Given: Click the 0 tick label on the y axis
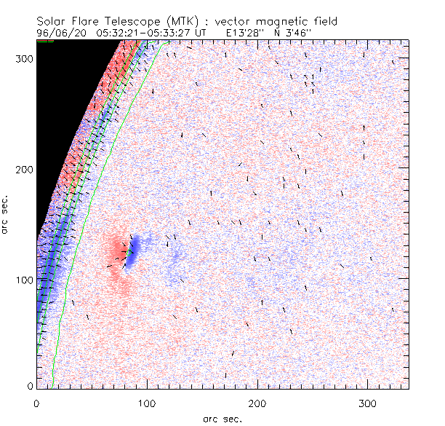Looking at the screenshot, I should coord(29,386).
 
